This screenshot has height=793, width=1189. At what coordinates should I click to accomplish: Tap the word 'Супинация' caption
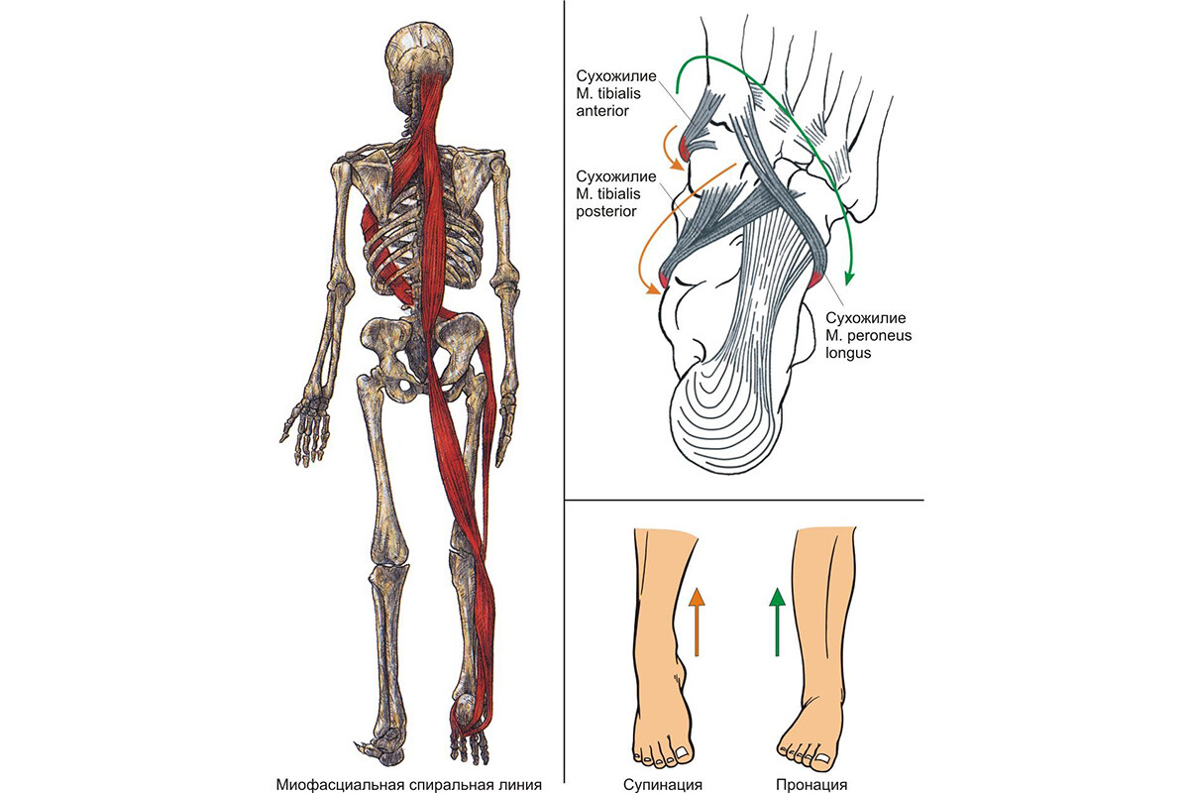[x=663, y=784]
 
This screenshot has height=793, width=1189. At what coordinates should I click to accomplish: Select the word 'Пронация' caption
[x=811, y=784]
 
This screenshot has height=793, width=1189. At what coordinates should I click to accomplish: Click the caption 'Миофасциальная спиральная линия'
[x=408, y=784]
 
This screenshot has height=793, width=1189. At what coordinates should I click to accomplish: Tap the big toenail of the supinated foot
[x=683, y=751]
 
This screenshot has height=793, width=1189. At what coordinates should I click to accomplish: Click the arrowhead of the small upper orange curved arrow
[x=678, y=166]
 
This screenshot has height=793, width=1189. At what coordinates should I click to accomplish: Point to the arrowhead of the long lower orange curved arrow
[x=656, y=288]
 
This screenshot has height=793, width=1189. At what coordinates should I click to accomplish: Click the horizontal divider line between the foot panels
[x=744, y=500]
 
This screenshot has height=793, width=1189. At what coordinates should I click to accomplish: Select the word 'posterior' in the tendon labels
[x=606, y=211]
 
